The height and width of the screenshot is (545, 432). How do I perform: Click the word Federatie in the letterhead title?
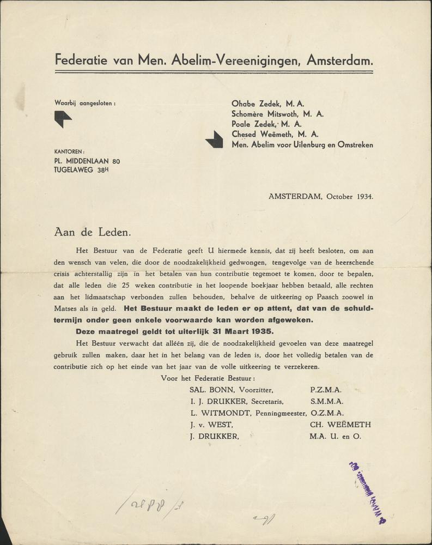pos(81,60)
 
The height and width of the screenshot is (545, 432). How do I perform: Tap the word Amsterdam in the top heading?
pos(339,60)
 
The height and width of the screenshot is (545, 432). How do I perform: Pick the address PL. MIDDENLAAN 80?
pos(87,161)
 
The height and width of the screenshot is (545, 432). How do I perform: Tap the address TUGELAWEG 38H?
pos(81,170)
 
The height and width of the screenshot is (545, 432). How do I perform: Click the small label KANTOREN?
pos(69,152)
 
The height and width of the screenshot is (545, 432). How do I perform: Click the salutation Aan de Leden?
pos(93,231)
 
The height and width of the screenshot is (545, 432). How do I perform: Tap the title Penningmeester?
pos(278,413)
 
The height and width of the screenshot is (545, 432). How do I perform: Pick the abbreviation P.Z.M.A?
pos(325,390)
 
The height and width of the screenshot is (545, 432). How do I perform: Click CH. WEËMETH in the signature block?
pos(340,424)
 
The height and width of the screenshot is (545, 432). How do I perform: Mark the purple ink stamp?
pos(368,493)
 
